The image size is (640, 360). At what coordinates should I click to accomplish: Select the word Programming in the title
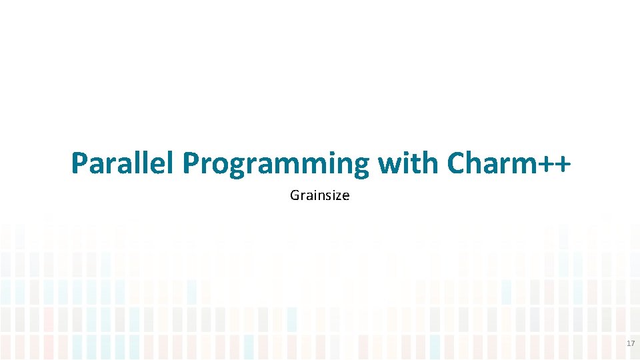point(276,163)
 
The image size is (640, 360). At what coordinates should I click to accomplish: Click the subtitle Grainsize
point(320,196)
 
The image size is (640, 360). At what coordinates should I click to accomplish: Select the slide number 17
point(631,343)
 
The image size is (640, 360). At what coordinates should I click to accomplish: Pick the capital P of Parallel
point(79,163)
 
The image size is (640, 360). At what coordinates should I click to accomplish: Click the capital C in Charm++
point(457,163)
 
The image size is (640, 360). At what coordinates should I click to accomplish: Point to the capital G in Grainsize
point(295,196)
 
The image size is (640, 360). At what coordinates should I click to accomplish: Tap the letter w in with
point(387,165)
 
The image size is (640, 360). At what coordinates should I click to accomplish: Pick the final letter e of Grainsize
point(345,197)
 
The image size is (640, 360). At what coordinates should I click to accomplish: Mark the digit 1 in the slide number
point(629,343)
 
